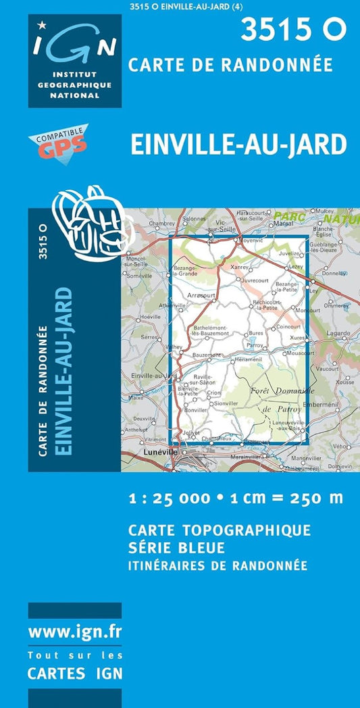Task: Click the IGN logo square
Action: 75,61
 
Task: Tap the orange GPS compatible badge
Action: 58,143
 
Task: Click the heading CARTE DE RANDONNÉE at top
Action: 230,64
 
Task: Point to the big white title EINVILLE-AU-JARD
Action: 240,144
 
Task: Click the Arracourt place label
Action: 201,295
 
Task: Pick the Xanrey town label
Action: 240,267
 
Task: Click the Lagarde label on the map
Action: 338,333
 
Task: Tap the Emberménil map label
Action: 316,405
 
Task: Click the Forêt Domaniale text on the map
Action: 282,391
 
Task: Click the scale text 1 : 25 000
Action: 170,499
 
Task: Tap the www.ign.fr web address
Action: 75,632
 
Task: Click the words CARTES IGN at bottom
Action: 75,673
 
